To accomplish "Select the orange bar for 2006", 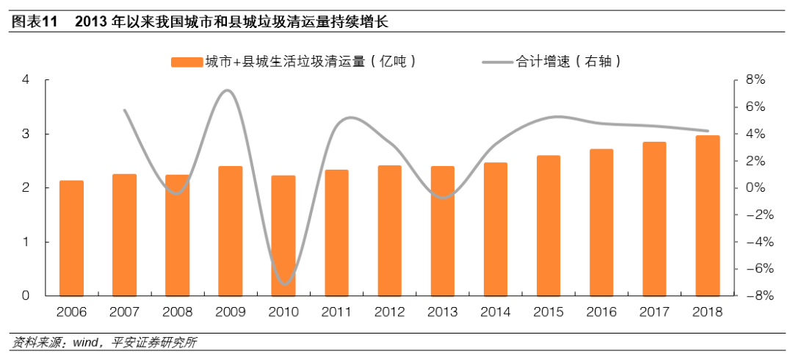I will tap(71, 238).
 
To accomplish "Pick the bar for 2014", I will tap(496, 229).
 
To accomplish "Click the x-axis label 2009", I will tap(230, 312).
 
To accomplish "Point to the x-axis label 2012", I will tap(389, 312).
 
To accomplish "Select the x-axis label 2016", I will tap(601, 312).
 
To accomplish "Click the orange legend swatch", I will tap(187, 62).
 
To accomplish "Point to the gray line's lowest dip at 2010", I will tap(285, 284).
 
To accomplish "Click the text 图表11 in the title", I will tap(34, 23).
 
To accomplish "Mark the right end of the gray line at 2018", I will tap(708, 131).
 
